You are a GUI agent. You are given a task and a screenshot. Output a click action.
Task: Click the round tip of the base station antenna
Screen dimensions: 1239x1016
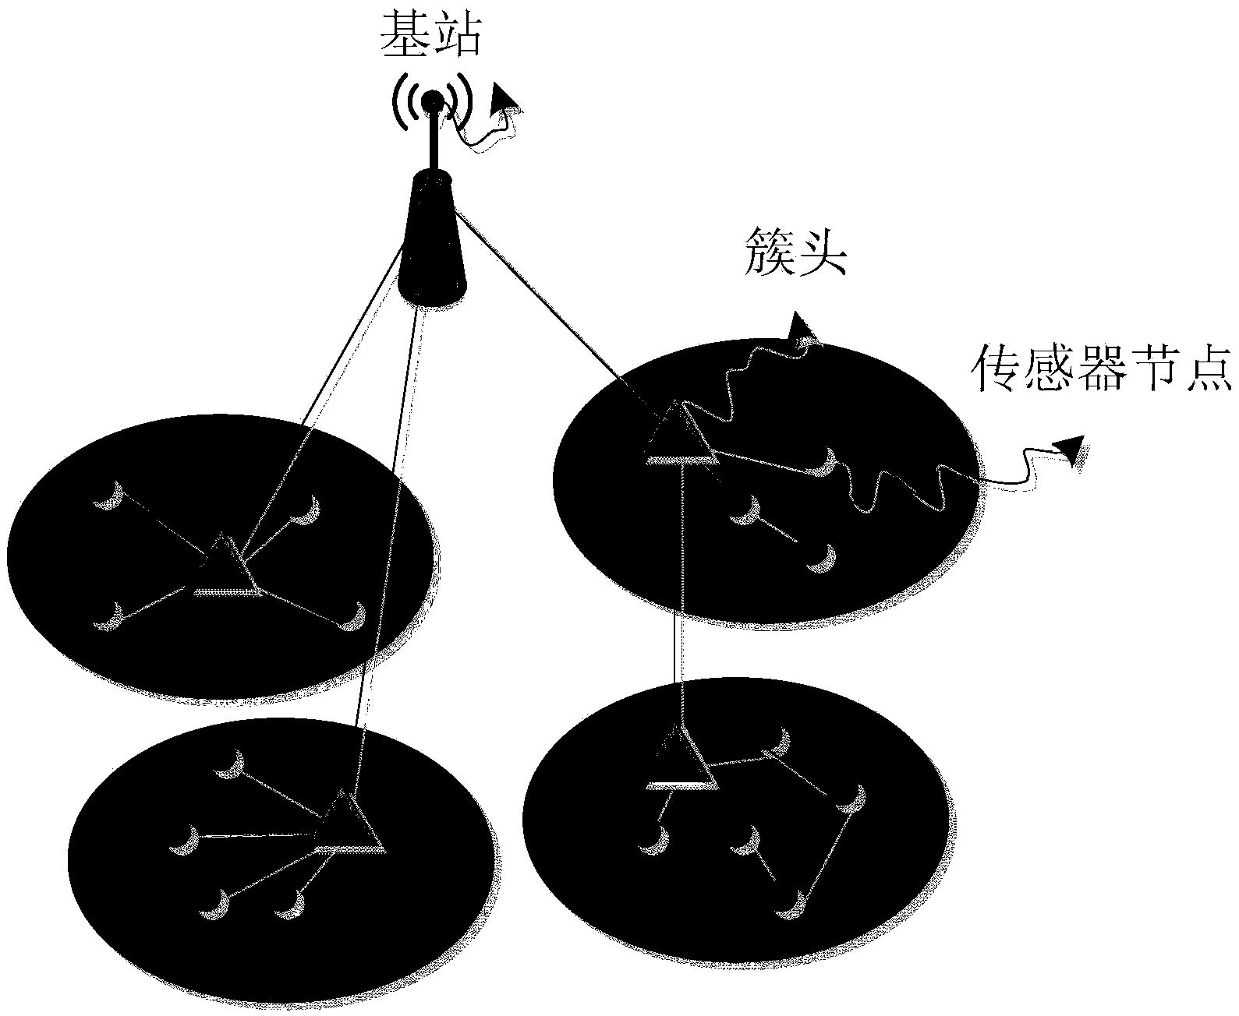pyautogui.click(x=431, y=101)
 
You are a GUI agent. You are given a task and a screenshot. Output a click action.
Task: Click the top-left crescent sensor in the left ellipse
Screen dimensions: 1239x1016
pyautogui.click(x=110, y=496)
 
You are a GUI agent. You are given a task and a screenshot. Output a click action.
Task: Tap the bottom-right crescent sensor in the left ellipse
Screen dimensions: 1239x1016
pyautogui.click(x=356, y=616)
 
